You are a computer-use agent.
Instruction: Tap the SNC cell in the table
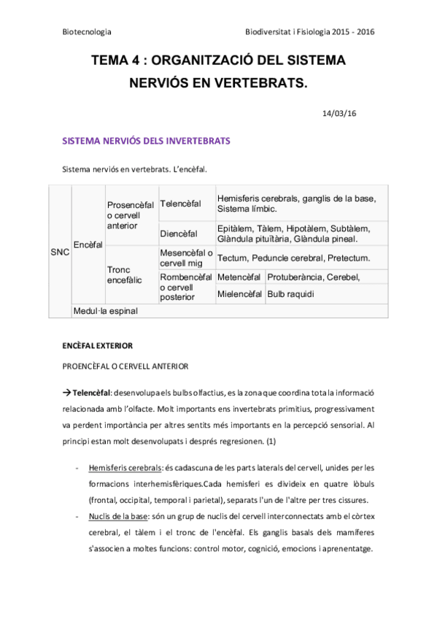60,253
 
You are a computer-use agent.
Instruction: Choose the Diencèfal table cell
179,234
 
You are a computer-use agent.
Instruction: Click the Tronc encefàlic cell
125,274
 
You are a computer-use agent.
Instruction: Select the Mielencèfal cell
240,294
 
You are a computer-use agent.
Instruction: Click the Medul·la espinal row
106,310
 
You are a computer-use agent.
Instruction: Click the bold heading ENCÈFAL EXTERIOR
98,344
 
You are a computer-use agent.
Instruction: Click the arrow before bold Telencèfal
68,393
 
